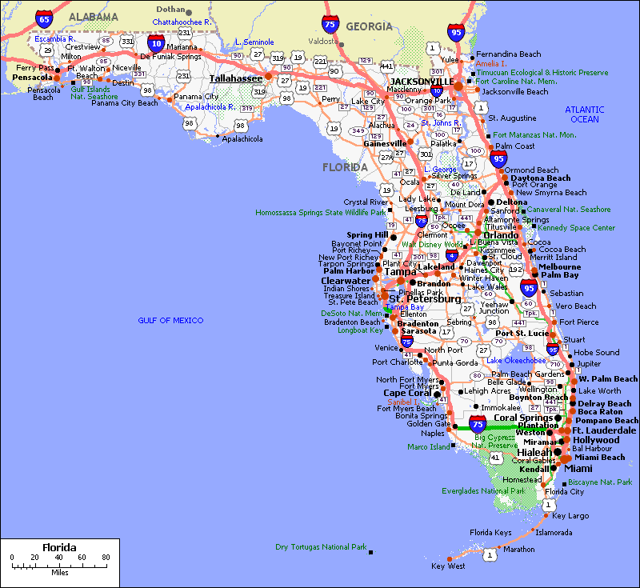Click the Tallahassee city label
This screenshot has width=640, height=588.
[x=235, y=78]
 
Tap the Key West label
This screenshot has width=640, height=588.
[x=447, y=566]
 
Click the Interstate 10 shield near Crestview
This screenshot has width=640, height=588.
[x=156, y=42]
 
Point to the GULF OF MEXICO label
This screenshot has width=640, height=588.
[x=170, y=321]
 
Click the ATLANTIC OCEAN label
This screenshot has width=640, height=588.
[x=585, y=114]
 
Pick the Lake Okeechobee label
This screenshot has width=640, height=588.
[x=516, y=361]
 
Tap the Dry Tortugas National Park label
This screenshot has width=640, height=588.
[x=320, y=547]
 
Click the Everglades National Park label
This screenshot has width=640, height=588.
[x=483, y=491]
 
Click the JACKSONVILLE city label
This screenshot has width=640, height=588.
[x=422, y=82]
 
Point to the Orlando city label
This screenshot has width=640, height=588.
[x=498, y=235]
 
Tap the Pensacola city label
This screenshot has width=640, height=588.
[x=33, y=78]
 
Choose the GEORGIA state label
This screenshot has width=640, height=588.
[x=369, y=26]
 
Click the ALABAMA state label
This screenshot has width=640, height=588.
[x=94, y=16]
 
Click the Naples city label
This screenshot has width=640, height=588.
[x=432, y=434]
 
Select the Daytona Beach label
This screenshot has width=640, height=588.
[x=541, y=178]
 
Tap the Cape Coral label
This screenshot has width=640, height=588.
[x=407, y=393]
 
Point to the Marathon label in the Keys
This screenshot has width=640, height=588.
[x=519, y=550]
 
